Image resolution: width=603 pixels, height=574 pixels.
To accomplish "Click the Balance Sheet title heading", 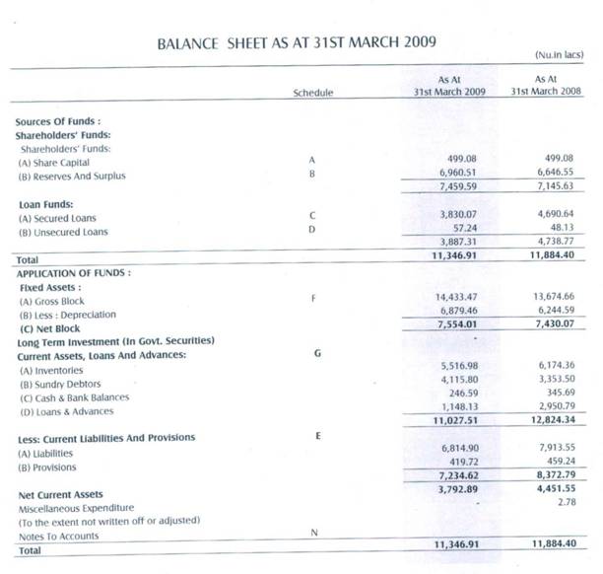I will (297, 43).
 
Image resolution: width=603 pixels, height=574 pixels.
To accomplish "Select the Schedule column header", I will (312, 92).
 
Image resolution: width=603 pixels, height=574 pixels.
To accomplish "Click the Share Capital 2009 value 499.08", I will (462, 158).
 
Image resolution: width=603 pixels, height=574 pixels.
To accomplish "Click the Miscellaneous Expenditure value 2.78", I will (564, 504).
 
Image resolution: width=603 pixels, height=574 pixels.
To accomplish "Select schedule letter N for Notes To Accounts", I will (312, 535).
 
